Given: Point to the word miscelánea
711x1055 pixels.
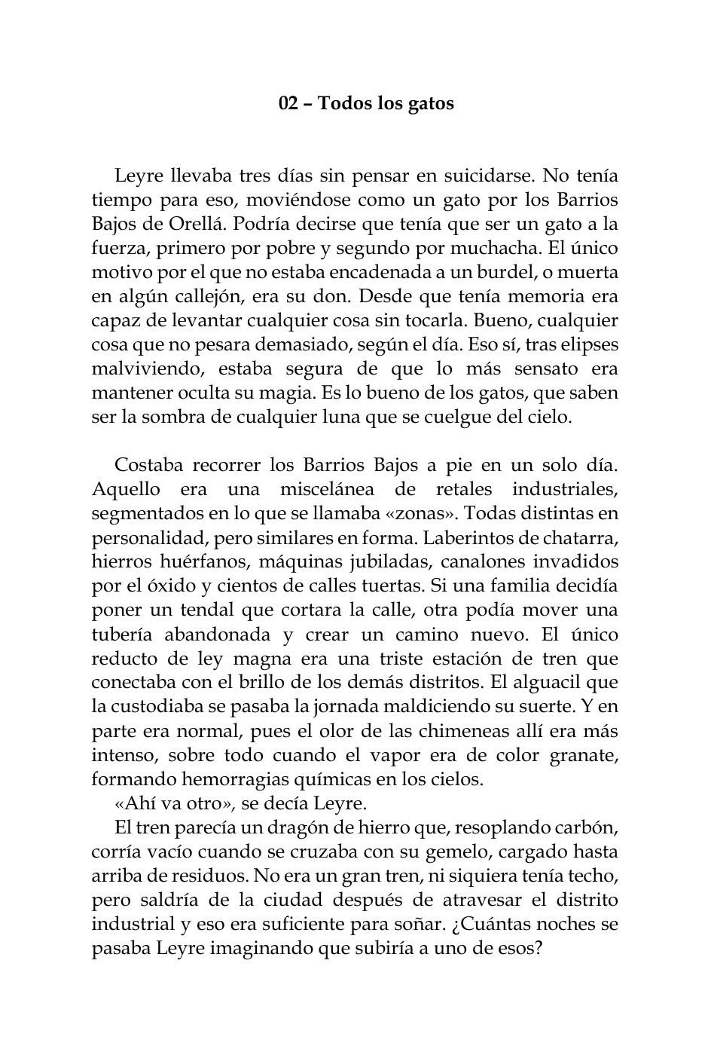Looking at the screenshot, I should point(326,490).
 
